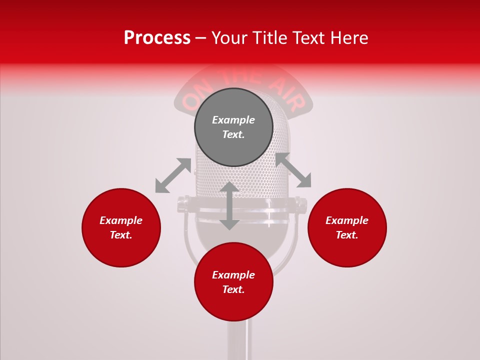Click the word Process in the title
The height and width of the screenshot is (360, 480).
[x=157, y=38]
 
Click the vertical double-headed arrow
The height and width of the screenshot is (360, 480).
[x=229, y=205]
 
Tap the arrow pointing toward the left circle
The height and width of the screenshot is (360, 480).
[x=173, y=175]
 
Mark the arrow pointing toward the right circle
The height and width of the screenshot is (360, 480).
[x=293, y=170]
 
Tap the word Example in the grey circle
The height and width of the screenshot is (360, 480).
[x=233, y=120]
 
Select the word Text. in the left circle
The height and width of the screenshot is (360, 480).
[x=121, y=235]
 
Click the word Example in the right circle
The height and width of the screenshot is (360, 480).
[x=347, y=220]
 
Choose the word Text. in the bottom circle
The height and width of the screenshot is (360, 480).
[x=233, y=289]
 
